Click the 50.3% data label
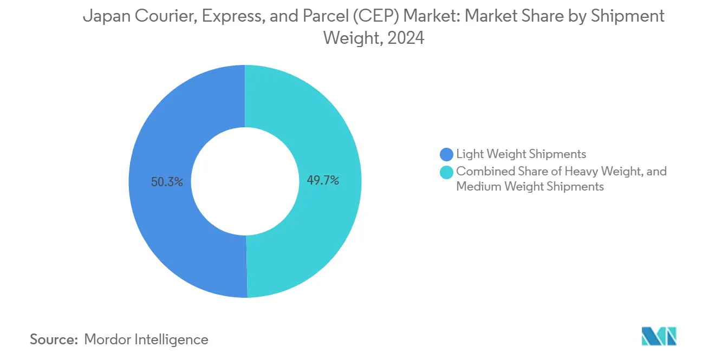[167, 182]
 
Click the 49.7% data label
[323, 180]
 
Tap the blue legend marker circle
[447, 155]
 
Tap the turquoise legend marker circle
[447, 172]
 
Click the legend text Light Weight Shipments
[521, 154]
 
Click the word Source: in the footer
[54, 339]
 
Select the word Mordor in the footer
[107, 339]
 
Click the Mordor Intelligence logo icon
[659, 336]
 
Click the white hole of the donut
[245, 181]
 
